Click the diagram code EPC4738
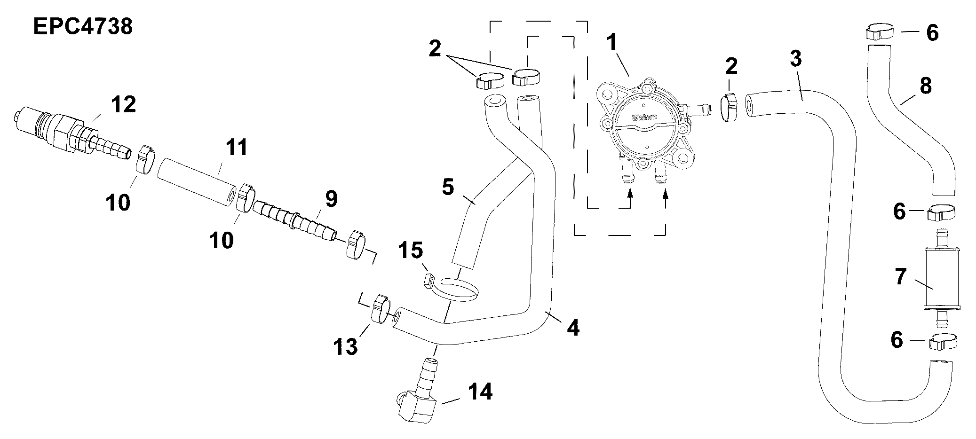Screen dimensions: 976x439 point(83,26)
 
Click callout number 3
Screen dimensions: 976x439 point(795,59)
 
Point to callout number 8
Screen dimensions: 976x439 point(925,86)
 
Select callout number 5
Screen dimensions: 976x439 point(448,187)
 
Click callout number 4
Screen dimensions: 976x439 point(572,328)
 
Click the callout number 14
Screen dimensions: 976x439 point(480,392)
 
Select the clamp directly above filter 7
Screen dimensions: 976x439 point(941,212)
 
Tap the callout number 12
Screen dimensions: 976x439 point(123,104)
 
